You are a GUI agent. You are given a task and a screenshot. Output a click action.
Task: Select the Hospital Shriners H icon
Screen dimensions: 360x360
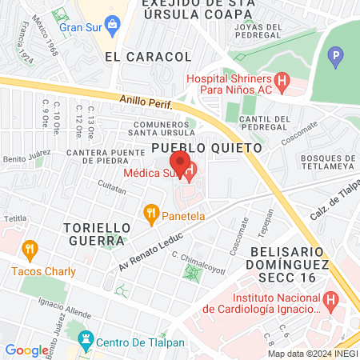[x=281, y=81]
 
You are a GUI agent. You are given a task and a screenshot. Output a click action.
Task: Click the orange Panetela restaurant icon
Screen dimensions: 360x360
[x=150, y=214]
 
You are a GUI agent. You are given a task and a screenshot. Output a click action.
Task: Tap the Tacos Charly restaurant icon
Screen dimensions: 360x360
[x=30, y=249]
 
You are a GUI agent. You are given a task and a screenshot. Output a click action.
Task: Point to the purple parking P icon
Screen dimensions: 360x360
[x=337, y=58]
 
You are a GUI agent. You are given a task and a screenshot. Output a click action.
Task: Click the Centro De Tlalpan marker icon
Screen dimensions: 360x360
[x=84, y=342]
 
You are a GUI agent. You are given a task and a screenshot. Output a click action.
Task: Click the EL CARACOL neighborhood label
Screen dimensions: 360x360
[x=148, y=57]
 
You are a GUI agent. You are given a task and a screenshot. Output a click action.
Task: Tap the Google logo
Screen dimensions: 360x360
[x=26, y=350]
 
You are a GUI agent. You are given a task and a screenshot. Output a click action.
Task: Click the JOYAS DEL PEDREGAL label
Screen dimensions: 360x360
[x=258, y=30]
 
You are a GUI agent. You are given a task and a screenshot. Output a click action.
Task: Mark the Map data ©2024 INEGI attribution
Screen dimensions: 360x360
[x=312, y=354]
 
